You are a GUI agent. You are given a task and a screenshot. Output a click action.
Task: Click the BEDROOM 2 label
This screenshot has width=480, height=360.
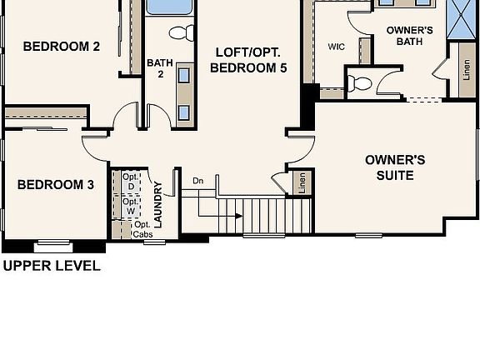click(x=61, y=47)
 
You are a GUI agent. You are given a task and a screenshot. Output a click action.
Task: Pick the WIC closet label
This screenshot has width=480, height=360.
click(x=337, y=47)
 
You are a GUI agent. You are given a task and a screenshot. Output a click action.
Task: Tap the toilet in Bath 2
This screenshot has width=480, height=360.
click(x=180, y=32)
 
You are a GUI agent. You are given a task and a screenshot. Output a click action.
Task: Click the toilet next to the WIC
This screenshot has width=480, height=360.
click(x=361, y=82)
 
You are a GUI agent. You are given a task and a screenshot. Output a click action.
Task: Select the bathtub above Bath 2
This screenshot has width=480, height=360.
click(x=168, y=7)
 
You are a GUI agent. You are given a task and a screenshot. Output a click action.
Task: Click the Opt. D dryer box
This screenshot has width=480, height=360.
click(x=131, y=182)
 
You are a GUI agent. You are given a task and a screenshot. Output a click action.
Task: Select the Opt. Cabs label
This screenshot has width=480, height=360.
click(x=142, y=230)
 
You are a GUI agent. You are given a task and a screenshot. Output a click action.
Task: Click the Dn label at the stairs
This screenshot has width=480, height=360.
click(x=197, y=181)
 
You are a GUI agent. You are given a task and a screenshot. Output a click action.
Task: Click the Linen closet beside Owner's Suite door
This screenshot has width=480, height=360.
click(x=302, y=182)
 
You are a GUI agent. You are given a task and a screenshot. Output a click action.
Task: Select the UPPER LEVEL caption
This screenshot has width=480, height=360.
click(x=52, y=267)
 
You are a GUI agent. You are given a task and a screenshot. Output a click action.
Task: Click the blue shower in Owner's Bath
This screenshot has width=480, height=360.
click(x=460, y=17)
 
